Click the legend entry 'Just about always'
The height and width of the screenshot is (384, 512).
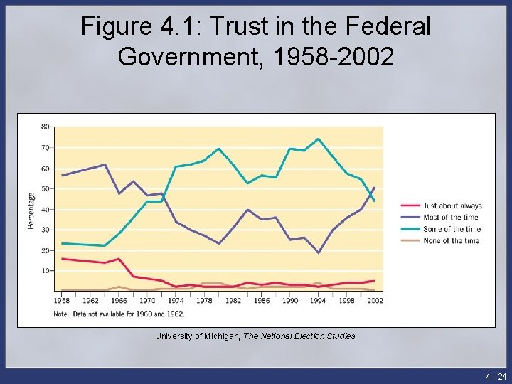pos(452,206)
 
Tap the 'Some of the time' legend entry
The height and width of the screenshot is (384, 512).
pos(452,229)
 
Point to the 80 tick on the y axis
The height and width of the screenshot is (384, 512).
pos(45,127)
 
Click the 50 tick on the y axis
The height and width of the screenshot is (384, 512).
pos(45,188)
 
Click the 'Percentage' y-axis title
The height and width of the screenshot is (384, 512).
pos(31,210)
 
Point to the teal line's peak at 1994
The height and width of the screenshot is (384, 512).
pos(318,139)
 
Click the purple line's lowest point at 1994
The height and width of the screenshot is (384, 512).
pos(318,253)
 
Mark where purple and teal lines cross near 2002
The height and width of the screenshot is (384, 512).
pos(371,193)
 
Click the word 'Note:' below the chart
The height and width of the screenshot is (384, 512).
pos(61,314)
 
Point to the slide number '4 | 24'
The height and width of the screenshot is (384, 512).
pos(496,376)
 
